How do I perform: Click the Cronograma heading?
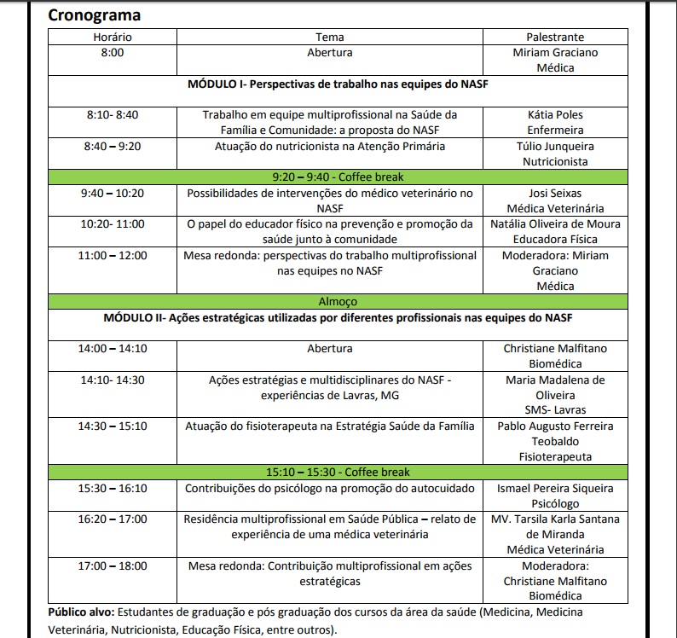[95, 14]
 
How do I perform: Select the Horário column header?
[113, 38]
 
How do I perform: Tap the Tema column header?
[330, 38]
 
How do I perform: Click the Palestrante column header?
[555, 38]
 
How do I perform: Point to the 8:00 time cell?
[113, 53]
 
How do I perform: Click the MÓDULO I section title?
[337, 84]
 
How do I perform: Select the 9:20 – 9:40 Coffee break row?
[338, 177]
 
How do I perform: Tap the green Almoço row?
[338, 302]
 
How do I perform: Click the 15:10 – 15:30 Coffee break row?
[338, 473]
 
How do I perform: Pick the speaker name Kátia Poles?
[555, 115]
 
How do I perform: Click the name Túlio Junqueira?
[555, 147]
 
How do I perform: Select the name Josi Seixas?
[555, 193]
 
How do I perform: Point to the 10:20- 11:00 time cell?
[113, 224]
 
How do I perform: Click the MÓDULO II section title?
[337, 317]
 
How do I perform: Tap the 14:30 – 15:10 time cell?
[113, 426]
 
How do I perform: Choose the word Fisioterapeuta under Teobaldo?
[555, 457]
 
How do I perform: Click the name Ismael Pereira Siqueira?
[555, 488]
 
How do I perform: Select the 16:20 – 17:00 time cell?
[113, 519]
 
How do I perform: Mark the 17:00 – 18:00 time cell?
[113, 565]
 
